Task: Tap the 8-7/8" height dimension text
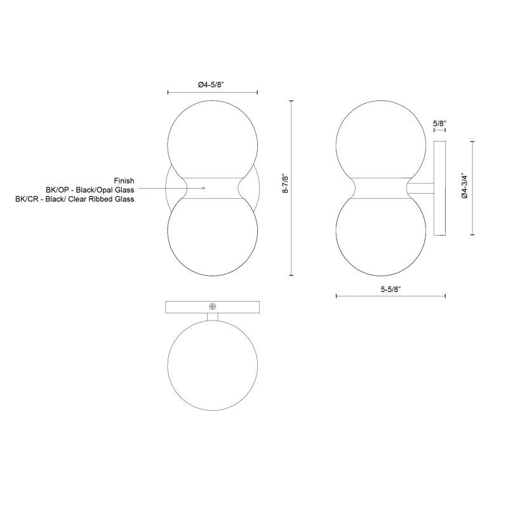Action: [285, 184]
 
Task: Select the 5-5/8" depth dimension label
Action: [391, 290]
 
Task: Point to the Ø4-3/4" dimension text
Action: [465, 185]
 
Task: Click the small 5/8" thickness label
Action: [439, 123]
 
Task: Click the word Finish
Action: [124, 181]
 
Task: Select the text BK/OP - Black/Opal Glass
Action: [90, 190]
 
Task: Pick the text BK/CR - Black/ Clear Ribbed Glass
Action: [75, 199]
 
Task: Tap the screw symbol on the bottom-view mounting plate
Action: [213, 307]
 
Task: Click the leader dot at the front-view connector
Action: [203, 188]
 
